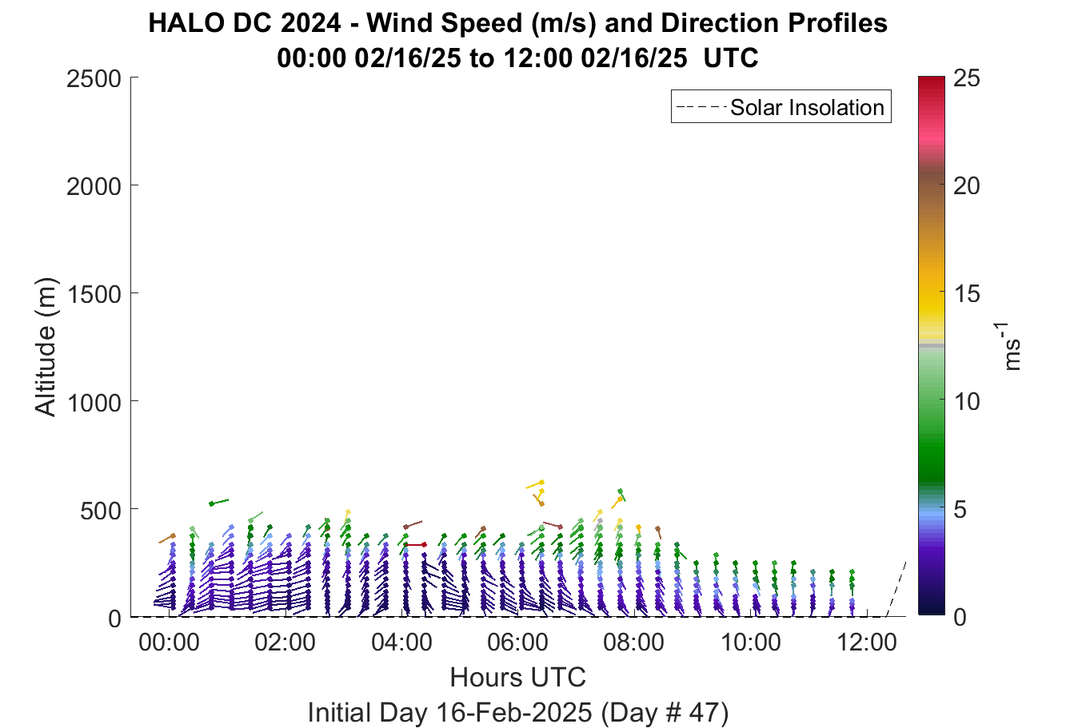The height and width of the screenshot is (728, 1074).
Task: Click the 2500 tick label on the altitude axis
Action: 94,78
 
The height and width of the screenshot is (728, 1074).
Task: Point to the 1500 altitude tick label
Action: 94,294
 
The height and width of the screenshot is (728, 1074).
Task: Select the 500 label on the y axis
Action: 100,511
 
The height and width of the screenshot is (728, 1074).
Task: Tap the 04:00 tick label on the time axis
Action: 401,642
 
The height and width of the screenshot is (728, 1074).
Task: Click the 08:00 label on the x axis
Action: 634,642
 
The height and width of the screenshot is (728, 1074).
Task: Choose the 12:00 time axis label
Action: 866,642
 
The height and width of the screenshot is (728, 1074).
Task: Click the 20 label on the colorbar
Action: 967,185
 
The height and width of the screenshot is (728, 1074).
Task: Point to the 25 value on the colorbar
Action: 967,78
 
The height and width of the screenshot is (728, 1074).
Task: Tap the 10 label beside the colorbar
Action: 967,401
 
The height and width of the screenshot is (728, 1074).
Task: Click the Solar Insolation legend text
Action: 807,107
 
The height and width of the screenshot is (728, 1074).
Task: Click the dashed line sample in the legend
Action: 701,107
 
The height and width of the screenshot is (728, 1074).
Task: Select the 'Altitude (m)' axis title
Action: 46,347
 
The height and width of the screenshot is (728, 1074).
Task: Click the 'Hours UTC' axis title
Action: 518,678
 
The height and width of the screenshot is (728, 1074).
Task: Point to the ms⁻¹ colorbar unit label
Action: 1009,346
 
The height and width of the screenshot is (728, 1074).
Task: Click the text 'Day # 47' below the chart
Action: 665,713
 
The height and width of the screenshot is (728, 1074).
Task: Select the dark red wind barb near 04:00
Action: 416,544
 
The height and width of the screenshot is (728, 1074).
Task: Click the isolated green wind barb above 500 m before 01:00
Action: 219,502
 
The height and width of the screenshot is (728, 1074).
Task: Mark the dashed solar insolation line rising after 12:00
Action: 896,589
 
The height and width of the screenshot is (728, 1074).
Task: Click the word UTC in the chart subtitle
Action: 731,58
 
